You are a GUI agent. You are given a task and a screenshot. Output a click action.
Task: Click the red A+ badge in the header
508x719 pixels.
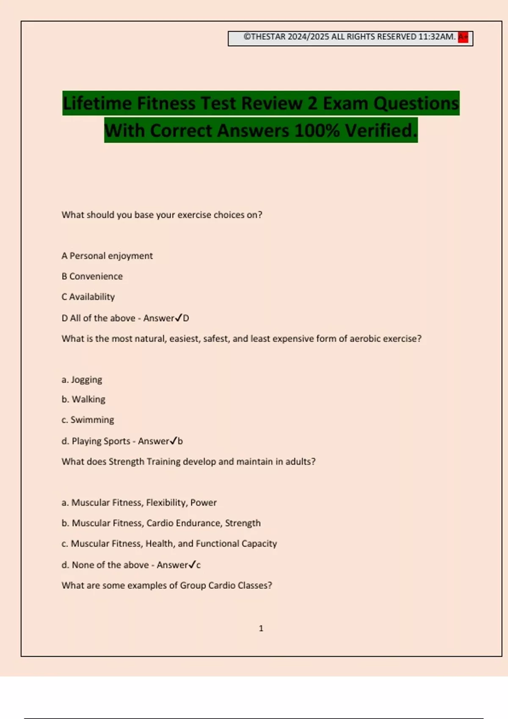tap(463, 37)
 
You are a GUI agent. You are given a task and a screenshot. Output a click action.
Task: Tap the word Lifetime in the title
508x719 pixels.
tap(97, 104)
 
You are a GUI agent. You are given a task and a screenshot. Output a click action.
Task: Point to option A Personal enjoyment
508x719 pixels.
tap(107, 256)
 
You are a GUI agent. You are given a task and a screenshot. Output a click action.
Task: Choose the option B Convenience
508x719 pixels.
tap(92, 276)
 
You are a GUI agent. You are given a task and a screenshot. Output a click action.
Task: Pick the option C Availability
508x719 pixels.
tap(88, 297)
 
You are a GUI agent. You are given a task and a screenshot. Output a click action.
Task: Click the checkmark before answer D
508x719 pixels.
tap(179, 317)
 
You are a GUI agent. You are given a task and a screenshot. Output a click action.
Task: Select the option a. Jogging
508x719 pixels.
tap(82, 379)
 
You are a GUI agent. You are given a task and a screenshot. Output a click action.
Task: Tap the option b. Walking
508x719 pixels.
tap(83, 399)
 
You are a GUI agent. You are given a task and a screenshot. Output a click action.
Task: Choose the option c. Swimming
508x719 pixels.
tap(88, 420)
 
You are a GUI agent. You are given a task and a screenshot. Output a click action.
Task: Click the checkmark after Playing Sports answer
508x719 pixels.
tap(173, 440)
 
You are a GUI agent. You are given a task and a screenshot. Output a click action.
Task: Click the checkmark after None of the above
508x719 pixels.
tap(192, 564)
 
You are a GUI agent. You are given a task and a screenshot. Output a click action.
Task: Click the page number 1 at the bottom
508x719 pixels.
tap(261, 628)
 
